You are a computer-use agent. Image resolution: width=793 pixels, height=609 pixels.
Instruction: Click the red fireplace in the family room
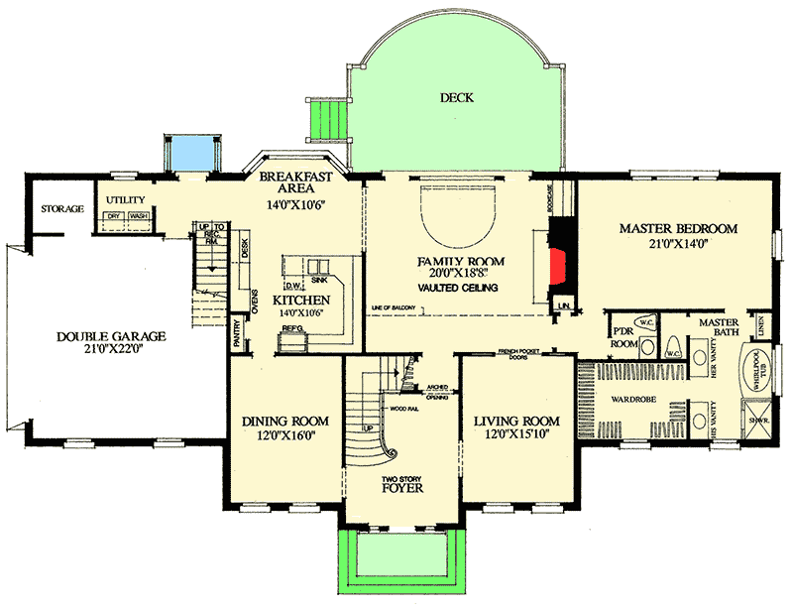559,265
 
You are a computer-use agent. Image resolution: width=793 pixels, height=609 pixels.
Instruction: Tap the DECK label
458,97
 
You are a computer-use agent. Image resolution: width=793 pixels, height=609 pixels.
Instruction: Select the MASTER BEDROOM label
678,229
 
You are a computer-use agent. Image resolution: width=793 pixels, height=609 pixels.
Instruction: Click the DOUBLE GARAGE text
111,336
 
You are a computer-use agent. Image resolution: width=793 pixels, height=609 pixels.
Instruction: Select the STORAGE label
61,209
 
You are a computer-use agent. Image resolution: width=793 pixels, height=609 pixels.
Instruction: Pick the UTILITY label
126,200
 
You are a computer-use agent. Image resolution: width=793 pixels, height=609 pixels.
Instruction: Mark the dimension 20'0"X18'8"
461,275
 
